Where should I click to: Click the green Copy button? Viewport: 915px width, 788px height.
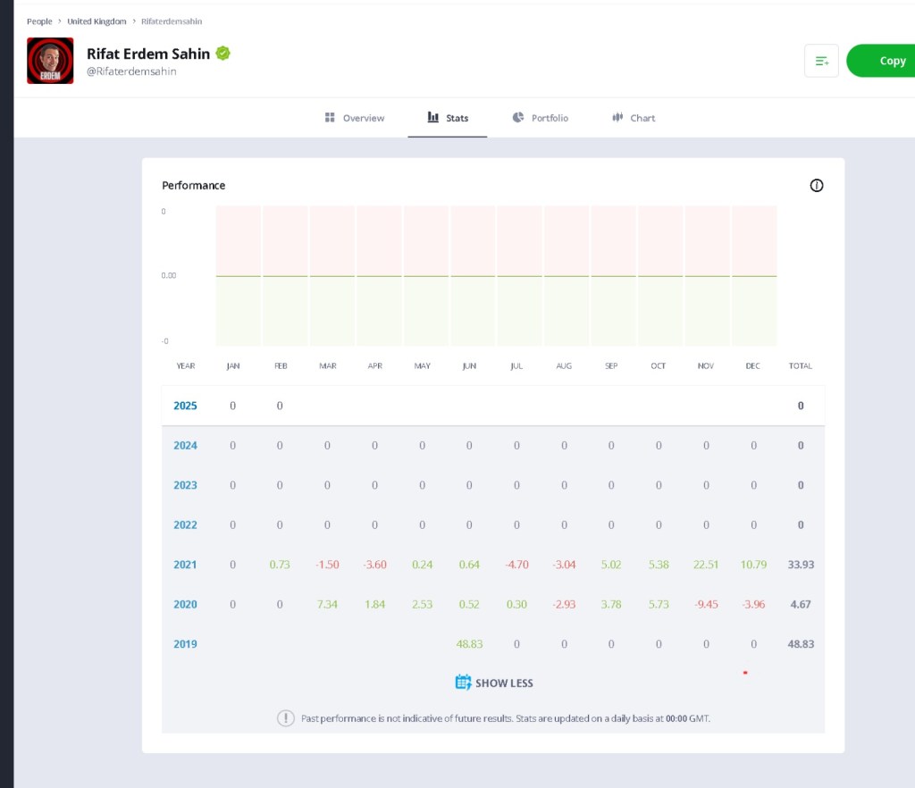881,61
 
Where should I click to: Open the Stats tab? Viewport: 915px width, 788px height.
448,118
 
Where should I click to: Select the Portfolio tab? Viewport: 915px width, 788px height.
541,118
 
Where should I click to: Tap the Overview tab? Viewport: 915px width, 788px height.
355,118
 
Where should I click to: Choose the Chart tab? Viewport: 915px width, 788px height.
634,118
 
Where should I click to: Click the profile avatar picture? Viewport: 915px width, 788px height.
50,61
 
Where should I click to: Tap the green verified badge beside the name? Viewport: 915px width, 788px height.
222,53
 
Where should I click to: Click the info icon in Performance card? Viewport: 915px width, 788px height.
817,186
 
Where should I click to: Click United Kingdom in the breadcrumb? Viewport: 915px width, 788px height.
97,21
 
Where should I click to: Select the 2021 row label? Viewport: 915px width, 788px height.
185,565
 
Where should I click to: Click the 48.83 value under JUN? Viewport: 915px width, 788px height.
469,644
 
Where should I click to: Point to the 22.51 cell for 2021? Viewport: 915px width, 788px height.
706,565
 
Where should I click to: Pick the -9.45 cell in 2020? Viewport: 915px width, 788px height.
706,604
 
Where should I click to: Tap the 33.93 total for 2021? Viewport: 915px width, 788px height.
801,565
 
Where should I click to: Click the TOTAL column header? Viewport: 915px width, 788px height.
800,365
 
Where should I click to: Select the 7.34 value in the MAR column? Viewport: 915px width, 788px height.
327,604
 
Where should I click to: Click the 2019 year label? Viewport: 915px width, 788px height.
185,644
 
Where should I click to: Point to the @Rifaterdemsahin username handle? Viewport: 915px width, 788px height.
131,71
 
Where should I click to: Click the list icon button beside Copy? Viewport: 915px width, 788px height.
822,61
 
